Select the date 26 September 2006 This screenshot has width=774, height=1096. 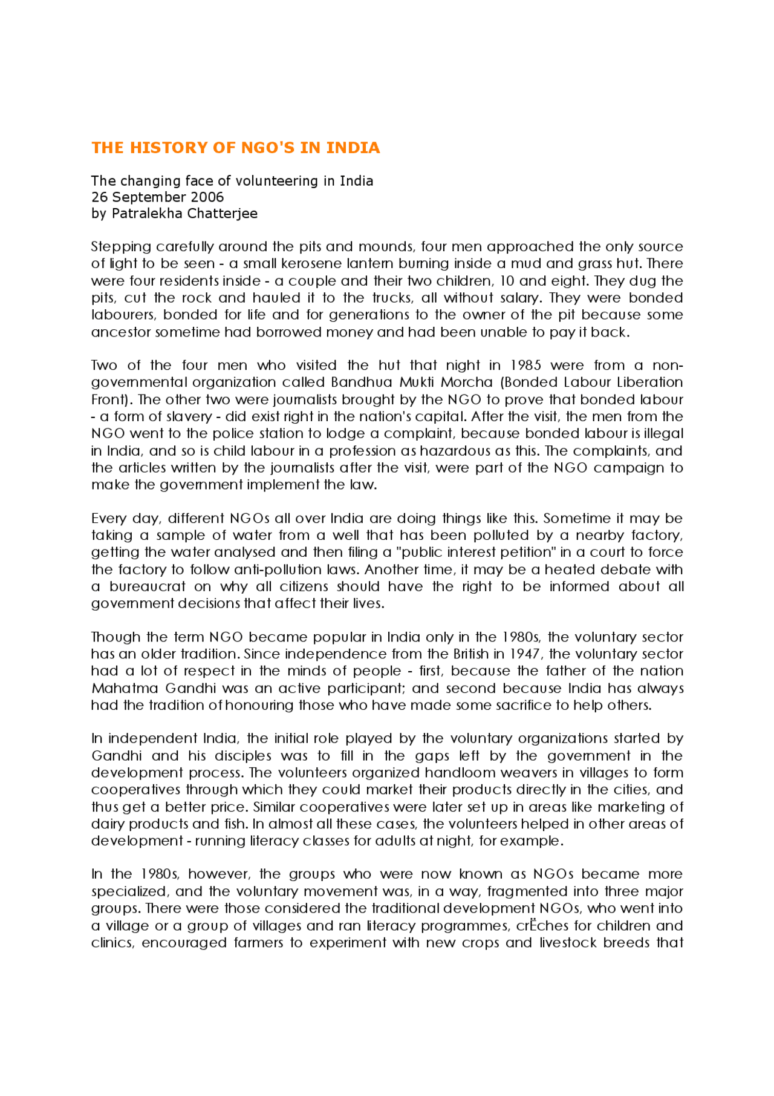pyautogui.click(x=157, y=197)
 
